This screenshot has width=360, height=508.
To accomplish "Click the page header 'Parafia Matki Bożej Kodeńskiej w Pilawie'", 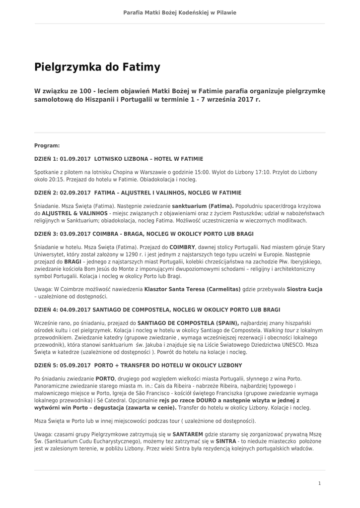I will pos(180,12).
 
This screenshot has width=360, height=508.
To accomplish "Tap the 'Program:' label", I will pos(47,146).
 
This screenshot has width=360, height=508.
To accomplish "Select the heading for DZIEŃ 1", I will pos(119,159).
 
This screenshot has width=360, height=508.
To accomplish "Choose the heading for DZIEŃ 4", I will pos(157,310).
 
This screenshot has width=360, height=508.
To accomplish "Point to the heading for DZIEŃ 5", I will pos(138,365).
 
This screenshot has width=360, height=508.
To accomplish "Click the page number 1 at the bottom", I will pos(319,483).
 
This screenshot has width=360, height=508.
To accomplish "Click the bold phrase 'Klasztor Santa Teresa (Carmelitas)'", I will pos(192,289).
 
